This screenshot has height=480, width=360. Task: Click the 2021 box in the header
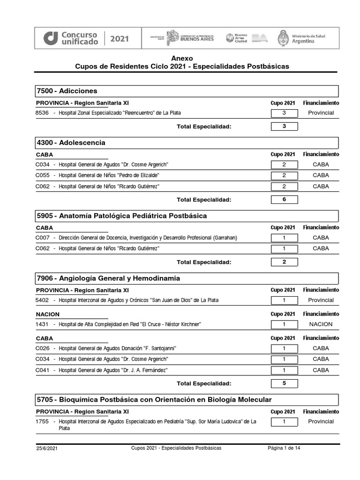pos(119,38)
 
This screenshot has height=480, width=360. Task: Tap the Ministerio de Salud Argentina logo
pos(302,38)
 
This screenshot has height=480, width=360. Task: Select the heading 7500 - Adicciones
pos(67,91)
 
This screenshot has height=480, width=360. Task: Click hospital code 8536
pos(42,113)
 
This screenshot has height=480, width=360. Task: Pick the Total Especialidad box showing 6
pos(284,200)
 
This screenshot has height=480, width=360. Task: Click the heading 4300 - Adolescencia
pos(71,142)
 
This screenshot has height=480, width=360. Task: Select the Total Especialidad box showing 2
pos(284,262)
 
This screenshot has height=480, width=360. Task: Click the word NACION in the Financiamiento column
pos(321,324)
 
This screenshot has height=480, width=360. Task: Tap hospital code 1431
pos(42,324)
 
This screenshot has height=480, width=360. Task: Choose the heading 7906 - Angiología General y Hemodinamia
pos(108,278)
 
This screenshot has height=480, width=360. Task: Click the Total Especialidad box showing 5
pos(284,383)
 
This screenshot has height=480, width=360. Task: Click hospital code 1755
pos(42,421)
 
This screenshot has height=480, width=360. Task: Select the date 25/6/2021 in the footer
pos(47,449)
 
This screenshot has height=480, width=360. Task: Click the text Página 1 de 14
pos(284,448)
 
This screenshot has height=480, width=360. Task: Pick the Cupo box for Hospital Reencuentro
pos(284,113)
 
